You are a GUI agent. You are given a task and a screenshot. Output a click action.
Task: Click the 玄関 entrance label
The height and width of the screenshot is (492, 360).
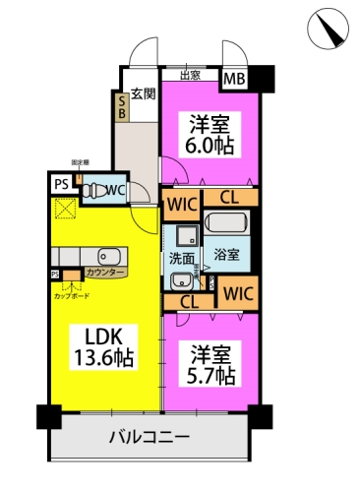[144, 94]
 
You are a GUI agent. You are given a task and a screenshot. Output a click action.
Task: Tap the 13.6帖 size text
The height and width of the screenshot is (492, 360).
[101, 356]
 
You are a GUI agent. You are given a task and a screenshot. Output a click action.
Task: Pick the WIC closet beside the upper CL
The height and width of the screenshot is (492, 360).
[182, 206]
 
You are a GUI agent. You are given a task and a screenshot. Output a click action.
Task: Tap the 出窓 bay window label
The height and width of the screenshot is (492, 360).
[193, 75]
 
